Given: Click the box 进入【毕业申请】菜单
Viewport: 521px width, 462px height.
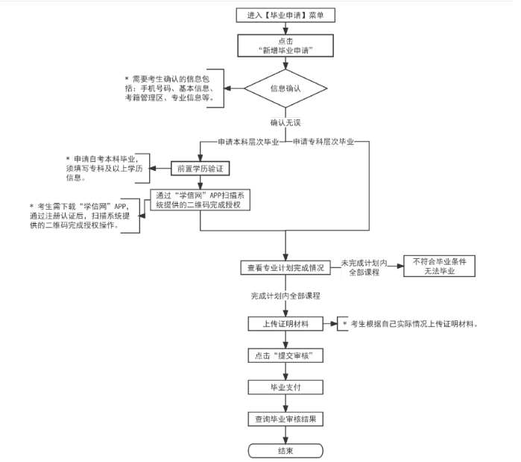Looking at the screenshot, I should [285, 15].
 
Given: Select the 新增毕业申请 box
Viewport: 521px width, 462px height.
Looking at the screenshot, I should [285, 46].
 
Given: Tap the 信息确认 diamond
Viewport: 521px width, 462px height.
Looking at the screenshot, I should [285, 88].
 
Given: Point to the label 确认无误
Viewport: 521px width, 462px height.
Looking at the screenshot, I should [285, 122].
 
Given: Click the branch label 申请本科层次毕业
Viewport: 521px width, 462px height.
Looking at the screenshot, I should [248, 141].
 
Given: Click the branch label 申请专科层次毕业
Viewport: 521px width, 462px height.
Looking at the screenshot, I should [323, 141].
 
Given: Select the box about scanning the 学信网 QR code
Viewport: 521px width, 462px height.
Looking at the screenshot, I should [200, 201].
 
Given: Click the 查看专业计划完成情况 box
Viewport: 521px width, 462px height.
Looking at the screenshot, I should [285, 267].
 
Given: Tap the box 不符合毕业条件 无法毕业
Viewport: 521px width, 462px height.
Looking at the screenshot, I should [439, 266].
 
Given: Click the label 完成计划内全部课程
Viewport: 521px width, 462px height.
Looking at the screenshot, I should [285, 296].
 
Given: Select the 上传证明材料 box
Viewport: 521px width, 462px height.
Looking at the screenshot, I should [285, 324].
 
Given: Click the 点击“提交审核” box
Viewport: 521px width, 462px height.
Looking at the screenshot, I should [285, 356].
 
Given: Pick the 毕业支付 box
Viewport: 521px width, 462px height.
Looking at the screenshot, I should [285, 387].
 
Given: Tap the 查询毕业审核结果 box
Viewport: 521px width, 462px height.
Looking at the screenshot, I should [285, 419].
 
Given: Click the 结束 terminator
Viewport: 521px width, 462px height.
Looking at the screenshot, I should [285, 450].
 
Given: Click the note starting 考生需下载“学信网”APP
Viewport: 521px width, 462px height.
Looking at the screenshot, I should [82, 216].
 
